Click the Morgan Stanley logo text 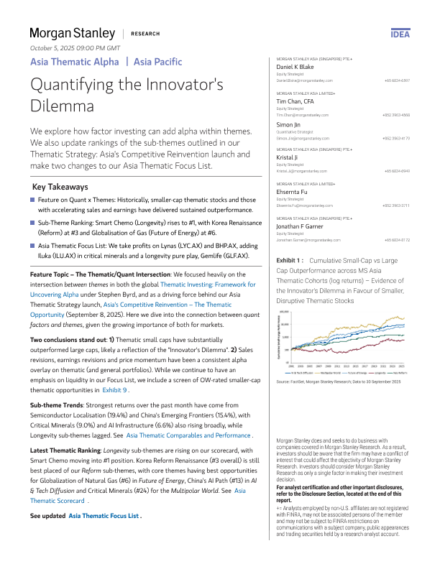coord(72,33)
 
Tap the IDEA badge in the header coord(400,34)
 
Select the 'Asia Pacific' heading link coord(157,63)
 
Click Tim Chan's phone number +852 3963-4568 coord(396,115)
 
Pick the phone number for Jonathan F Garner coord(397,239)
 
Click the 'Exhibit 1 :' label coord(290,261)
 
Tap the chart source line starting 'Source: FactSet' coord(339,381)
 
